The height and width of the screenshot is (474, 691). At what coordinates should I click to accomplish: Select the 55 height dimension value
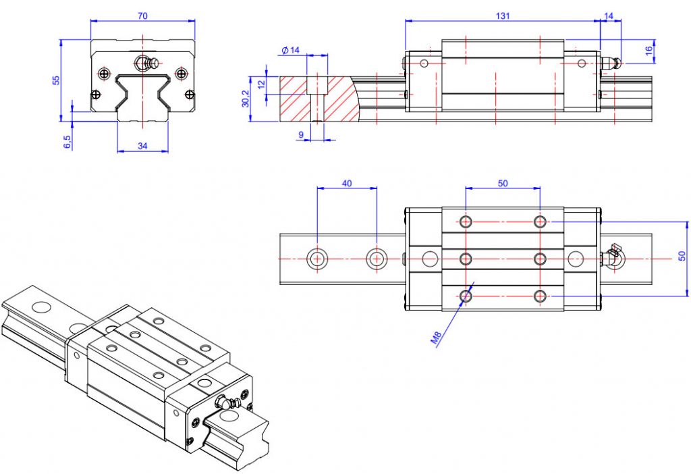point(57,80)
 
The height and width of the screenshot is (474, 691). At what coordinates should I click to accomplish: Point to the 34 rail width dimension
point(142,146)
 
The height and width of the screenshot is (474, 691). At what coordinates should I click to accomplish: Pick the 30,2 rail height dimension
point(246,98)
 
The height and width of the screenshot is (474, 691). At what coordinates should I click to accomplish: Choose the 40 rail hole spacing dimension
point(347,183)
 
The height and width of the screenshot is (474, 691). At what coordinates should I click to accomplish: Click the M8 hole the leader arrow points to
point(465,295)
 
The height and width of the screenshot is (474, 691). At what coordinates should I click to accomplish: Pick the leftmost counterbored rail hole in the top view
point(317,258)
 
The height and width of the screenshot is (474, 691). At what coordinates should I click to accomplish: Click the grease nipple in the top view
point(613,257)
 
